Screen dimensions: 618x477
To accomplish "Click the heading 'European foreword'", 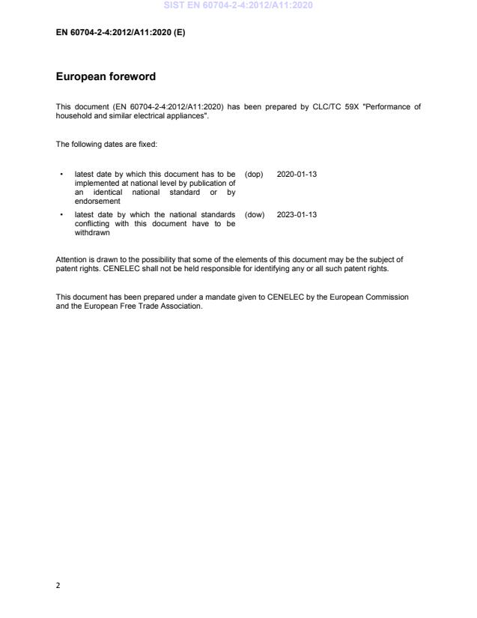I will point(106,76).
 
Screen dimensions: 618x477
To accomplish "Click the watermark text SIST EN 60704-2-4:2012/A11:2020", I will point(237,6).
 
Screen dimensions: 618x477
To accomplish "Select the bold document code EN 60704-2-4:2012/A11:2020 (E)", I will point(120,31).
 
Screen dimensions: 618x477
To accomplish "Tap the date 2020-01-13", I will point(297,174).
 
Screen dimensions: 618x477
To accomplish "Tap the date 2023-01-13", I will point(297,214).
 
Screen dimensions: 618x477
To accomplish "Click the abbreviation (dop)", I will point(254,174).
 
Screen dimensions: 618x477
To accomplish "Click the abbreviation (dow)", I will point(254,214).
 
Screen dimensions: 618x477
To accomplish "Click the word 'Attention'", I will point(71,260).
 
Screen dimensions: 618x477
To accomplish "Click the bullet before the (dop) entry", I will point(61,174).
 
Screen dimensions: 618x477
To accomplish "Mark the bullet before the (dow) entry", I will point(61,214).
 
